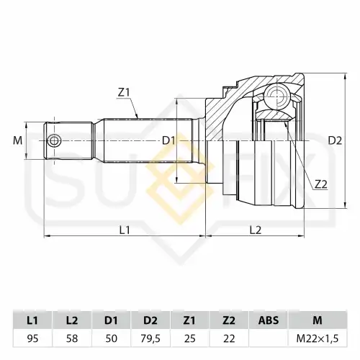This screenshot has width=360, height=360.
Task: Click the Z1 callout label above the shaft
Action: (x=124, y=92)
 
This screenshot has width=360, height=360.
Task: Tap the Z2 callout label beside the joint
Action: (x=321, y=184)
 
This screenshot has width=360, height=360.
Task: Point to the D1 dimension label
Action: (x=169, y=140)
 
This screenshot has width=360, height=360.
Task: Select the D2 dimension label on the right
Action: (x=335, y=140)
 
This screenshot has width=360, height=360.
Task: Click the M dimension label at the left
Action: (x=17, y=140)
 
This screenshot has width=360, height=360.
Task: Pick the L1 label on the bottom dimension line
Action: (x=125, y=230)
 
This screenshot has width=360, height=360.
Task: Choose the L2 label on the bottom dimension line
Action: (x=256, y=230)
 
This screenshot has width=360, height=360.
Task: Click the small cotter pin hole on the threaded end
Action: (x=54, y=141)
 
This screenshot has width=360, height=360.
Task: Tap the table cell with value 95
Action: (x=32, y=338)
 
